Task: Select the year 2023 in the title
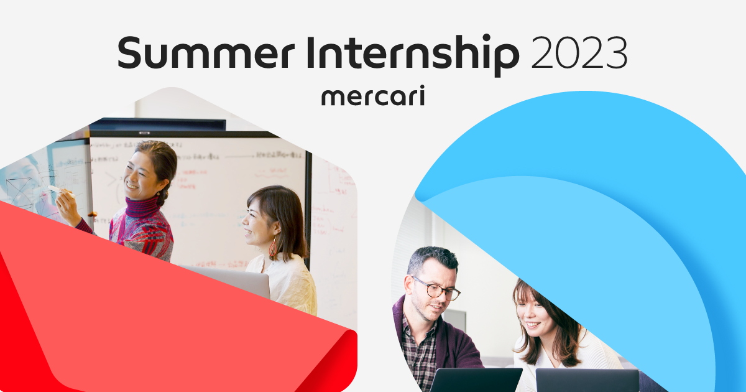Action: [579, 54]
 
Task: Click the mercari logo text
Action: [373, 97]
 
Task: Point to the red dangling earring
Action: [273, 248]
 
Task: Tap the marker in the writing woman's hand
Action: [55, 189]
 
